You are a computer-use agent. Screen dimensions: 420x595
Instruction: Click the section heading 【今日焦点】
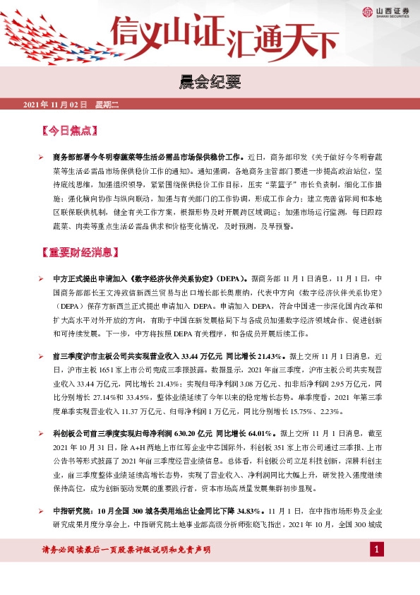[69, 131]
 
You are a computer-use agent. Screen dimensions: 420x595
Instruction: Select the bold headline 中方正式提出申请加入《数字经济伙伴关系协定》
[148, 278]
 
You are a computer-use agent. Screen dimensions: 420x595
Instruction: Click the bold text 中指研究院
[70, 509]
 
